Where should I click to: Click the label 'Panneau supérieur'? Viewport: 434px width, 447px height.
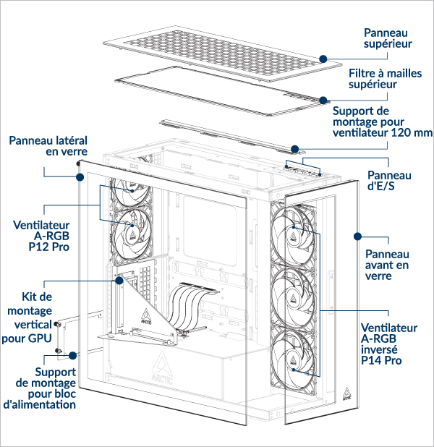pyautogui.click(x=387, y=38)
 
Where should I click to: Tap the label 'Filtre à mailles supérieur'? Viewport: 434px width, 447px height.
pyautogui.click(x=383, y=79)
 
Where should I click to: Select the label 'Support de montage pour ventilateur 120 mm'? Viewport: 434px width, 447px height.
pyautogui.click(x=382, y=122)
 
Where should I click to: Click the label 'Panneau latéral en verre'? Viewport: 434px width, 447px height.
pyautogui.click(x=48, y=145)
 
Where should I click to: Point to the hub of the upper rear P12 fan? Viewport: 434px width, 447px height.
pyautogui.click(x=133, y=184)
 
